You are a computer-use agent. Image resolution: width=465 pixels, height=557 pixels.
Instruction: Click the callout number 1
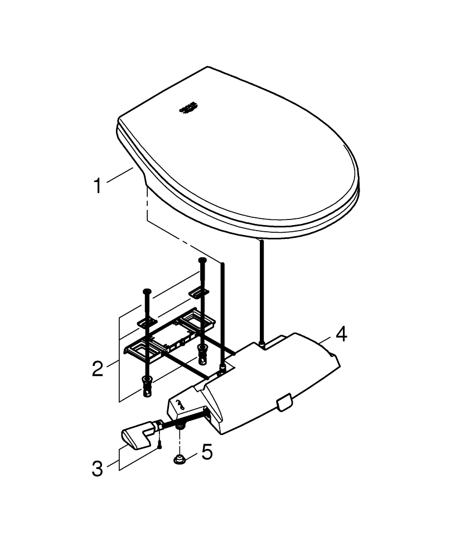pos(98,185)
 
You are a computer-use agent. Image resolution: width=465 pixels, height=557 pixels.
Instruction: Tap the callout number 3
pos(98,468)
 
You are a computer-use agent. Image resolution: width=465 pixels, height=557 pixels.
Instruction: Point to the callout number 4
pos(341,335)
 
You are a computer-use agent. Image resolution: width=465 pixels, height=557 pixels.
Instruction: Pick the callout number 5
pos(207,452)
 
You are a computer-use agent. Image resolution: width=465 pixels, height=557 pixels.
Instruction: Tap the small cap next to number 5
pos(180,460)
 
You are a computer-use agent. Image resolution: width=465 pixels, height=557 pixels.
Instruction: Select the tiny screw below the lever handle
pos(159,444)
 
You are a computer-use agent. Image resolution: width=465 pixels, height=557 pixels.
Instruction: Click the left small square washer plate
pos(147,323)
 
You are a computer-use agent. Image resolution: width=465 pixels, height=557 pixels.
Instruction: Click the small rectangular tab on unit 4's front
pos(284,402)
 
